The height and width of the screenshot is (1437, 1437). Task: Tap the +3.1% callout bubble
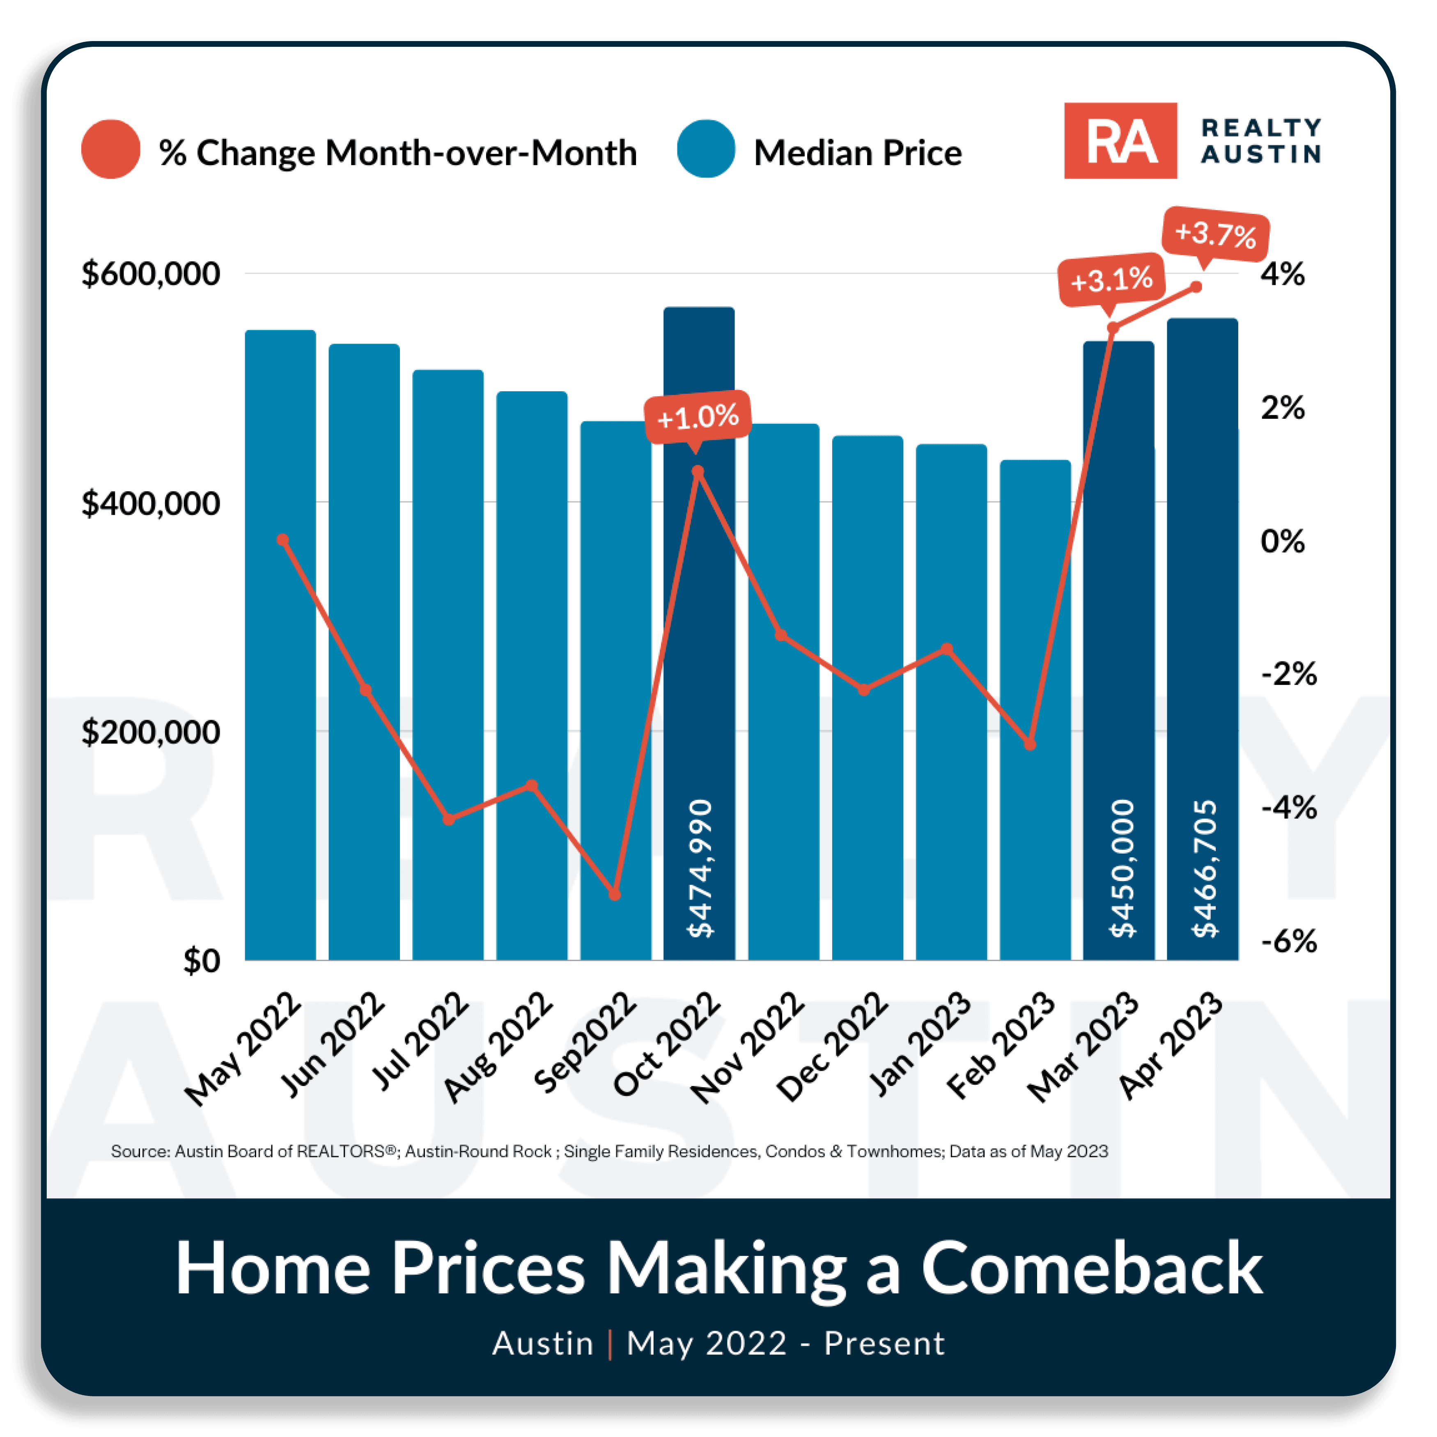point(1111,280)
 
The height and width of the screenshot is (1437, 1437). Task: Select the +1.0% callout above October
point(698,417)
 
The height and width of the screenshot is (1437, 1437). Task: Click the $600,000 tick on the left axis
point(151,274)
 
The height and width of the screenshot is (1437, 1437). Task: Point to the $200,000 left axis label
point(151,732)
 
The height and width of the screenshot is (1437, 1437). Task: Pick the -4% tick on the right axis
point(1289,807)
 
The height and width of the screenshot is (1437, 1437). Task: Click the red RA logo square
point(1120,140)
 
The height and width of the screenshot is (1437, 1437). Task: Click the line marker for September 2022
point(614,894)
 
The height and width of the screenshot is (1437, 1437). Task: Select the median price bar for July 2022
point(448,664)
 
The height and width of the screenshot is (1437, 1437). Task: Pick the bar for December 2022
point(867,698)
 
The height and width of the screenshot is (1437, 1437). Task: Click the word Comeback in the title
point(1092,1268)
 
